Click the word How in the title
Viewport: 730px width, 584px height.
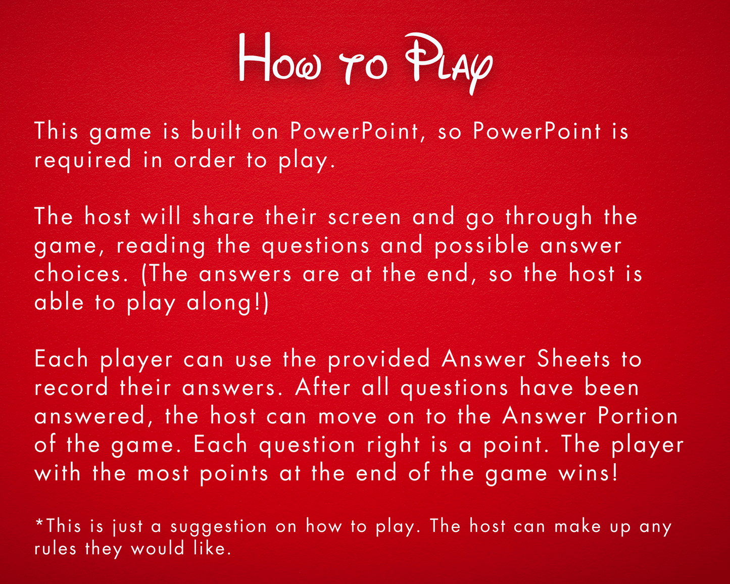pos(280,58)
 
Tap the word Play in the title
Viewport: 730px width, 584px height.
pos(449,63)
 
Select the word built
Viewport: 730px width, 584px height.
pos(216,131)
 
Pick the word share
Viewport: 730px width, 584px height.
pos(223,217)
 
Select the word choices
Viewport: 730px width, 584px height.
pos(81,274)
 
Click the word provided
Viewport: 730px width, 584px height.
pos(379,359)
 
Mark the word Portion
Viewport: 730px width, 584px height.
pos(638,416)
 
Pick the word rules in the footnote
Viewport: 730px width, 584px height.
pos(56,549)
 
